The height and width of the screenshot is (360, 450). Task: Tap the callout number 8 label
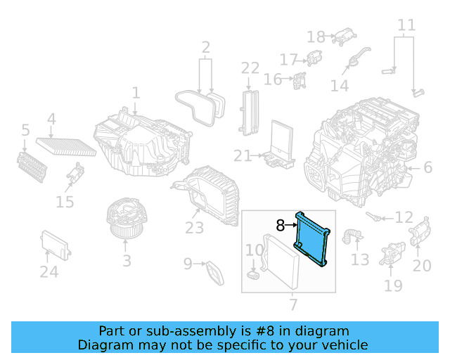[281, 226]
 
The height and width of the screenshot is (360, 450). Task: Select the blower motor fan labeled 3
[126, 220]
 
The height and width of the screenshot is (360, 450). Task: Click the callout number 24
[49, 272]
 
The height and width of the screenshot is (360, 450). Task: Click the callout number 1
[136, 93]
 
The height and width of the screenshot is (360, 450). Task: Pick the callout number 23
[195, 228]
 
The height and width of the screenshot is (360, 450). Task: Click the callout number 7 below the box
[292, 304]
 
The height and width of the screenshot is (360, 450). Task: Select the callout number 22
[250, 68]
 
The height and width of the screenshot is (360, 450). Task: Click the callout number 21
[243, 155]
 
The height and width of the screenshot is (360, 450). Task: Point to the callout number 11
[406, 27]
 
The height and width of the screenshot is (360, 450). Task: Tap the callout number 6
[427, 167]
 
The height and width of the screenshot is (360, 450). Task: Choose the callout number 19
[394, 285]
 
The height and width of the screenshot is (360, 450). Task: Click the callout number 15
[65, 202]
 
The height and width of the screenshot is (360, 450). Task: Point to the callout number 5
[25, 130]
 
